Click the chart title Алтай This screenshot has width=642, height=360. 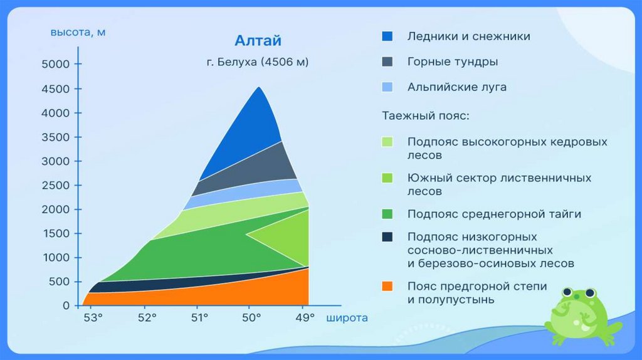258,41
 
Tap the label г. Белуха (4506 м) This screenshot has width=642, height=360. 258,62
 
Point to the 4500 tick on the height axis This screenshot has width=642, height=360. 78,89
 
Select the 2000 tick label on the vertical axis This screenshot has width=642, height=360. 55,209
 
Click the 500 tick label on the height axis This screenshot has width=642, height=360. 59,282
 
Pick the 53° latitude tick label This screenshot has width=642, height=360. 93,318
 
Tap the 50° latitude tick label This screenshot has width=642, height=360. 251,318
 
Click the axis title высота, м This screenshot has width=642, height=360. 78,33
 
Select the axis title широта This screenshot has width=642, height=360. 347,318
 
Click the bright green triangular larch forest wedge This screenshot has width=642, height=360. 287,235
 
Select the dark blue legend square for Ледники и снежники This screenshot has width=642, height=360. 387,36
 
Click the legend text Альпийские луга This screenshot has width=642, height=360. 457,87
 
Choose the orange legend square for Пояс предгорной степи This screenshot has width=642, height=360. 387,286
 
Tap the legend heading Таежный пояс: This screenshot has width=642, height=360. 426,116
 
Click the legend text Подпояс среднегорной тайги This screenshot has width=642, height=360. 494,214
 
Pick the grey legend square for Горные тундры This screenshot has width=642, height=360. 387,61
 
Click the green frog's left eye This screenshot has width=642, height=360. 567,292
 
